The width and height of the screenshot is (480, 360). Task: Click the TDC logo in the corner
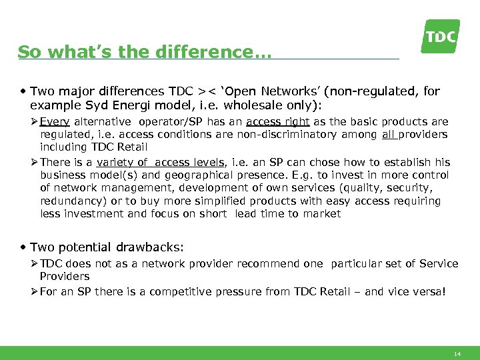[440, 36]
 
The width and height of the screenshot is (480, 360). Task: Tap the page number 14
[457, 354]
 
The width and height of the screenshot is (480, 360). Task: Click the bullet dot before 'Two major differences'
[24, 91]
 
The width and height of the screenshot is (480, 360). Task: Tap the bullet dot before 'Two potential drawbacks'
[24, 247]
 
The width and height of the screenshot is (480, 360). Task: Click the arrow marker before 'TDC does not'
[33, 264]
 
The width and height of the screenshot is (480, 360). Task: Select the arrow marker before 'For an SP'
[33, 292]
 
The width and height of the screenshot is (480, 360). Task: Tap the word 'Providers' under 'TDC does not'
[65, 276]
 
